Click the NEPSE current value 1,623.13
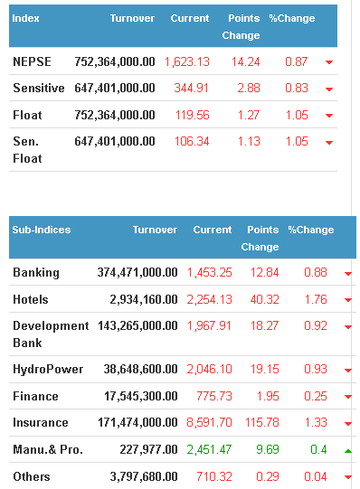coord(187,61)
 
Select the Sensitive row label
coord(39,88)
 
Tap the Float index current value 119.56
coord(192,115)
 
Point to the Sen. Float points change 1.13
coord(249,141)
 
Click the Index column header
coord(25,18)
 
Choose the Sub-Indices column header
coord(42,230)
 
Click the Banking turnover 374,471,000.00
coord(137,272)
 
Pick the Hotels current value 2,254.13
coord(210,299)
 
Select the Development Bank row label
coord(51,334)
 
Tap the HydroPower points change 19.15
coord(264,369)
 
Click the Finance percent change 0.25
coord(316,396)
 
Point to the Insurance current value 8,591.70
coord(210,422)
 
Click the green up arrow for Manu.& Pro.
coord(348,451)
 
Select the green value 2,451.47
coord(210,449)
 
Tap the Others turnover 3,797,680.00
coord(144,476)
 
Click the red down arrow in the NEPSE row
coord(329,62)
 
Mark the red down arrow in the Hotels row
coord(348,300)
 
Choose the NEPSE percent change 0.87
coord(297,61)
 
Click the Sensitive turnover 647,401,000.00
coord(115,88)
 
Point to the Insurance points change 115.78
coord(262,422)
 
